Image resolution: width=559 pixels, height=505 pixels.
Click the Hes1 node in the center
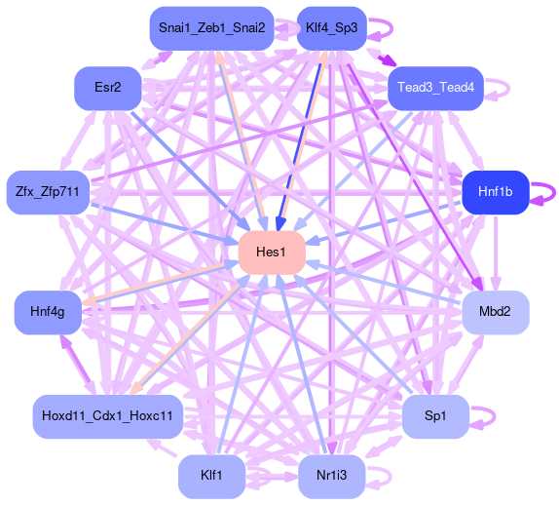[272, 252]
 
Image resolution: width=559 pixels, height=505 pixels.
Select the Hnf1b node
[496, 192]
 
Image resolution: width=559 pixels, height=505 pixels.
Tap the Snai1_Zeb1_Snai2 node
[211, 28]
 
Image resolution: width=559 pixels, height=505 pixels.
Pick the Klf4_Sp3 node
[331, 28]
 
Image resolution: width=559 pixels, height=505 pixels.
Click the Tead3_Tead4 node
[435, 88]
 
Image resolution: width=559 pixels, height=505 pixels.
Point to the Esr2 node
[108, 88]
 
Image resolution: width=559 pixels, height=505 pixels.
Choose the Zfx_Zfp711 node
[48, 192]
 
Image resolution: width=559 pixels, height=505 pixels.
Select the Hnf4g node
[48, 312]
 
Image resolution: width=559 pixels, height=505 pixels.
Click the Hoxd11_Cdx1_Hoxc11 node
[108, 416]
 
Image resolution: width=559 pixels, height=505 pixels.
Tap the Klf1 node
[211, 477]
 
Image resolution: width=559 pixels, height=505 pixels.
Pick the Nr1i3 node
[331, 477]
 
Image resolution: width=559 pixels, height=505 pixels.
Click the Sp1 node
[435, 416]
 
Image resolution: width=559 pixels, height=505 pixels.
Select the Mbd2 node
[496, 312]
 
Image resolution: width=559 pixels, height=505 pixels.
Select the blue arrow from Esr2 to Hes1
[190, 171]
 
